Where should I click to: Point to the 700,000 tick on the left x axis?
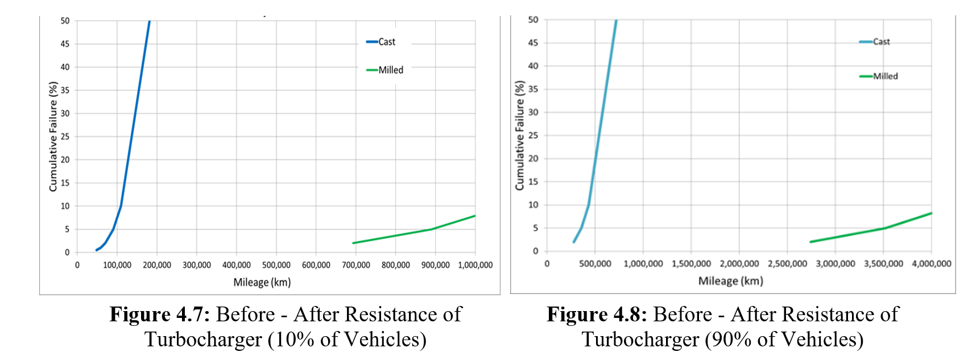[x=356, y=265]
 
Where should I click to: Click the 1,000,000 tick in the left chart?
[x=475, y=265]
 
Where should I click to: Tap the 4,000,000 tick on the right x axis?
[x=931, y=264]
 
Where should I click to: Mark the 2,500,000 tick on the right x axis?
[x=787, y=264]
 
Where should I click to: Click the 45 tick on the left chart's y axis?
[x=65, y=44]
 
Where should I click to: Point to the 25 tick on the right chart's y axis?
[x=533, y=135]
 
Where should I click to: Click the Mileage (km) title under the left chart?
[x=262, y=283]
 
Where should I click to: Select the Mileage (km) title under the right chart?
[x=730, y=281]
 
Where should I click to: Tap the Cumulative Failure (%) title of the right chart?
[x=519, y=135]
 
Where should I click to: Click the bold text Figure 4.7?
[x=160, y=315]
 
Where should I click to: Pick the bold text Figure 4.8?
[x=597, y=315]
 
